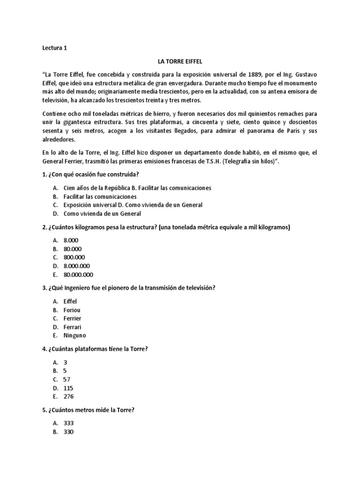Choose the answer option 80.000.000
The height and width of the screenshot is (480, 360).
coord(78,275)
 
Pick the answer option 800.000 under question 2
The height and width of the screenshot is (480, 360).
coord(75,257)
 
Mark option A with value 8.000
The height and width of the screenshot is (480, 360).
coord(71,240)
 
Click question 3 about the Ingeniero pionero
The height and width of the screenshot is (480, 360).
coord(129,288)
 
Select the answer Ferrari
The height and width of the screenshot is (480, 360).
coord(73,327)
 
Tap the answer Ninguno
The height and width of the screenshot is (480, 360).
coord(75,335)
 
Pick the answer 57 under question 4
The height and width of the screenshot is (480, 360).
coord(67,379)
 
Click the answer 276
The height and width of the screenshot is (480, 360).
coord(68,397)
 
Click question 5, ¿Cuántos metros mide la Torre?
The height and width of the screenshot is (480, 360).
coord(91,410)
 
